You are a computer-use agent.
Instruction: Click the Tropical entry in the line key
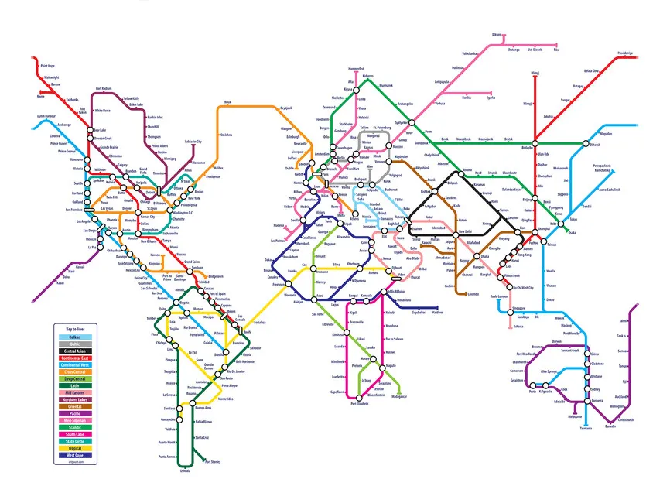click(x=74, y=448)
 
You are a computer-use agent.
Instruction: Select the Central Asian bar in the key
click(x=74, y=351)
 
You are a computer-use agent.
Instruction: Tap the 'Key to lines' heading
click(x=75, y=330)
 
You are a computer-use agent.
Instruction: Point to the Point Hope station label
click(x=48, y=66)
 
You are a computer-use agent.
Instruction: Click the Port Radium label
click(x=104, y=89)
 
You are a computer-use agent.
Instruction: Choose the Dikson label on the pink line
click(x=497, y=35)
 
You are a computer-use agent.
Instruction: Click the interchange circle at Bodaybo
click(x=534, y=143)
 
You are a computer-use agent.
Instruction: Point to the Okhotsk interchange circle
click(x=585, y=144)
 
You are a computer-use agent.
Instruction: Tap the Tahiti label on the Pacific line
click(x=623, y=321)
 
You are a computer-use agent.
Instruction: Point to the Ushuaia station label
click(x=184, y=470)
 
